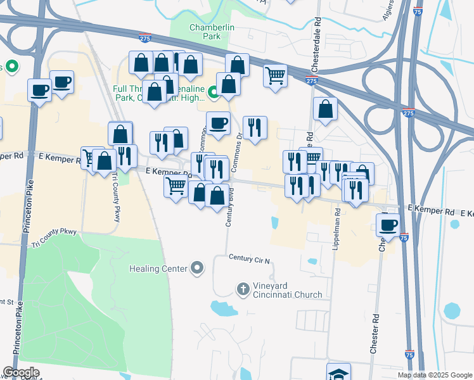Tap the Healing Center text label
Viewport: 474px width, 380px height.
[158, 269]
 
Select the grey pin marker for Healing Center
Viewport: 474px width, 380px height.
[198, 269]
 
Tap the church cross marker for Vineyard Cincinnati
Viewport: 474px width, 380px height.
[242, 289]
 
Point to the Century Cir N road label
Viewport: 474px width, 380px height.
[250, 260]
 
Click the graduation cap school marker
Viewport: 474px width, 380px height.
[338, 372]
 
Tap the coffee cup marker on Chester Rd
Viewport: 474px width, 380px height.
[388, 224]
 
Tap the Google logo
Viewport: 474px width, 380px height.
[21, 372]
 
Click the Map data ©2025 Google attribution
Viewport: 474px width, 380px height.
[434, 375]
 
